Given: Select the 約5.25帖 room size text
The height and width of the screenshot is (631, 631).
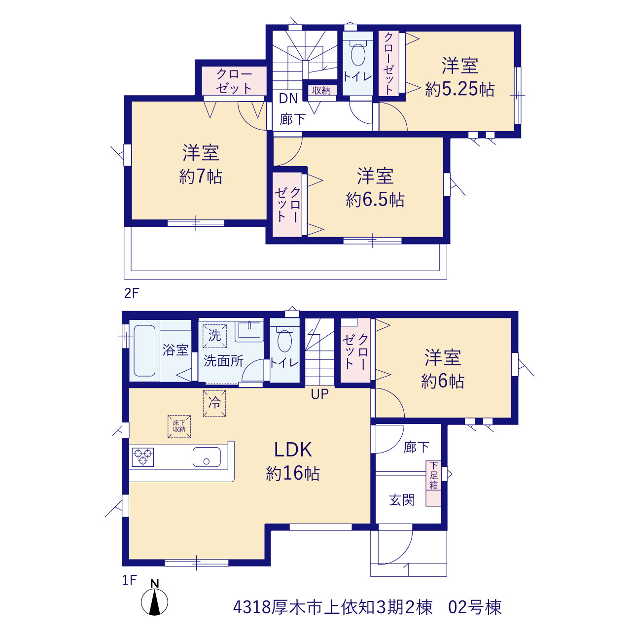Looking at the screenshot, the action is pos(459,89).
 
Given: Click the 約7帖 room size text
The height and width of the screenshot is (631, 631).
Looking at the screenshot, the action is pos(201,176).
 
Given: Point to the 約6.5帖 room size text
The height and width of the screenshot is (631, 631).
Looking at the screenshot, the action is pos(375,200).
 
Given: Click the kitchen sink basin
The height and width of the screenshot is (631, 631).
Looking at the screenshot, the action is pos(207,457).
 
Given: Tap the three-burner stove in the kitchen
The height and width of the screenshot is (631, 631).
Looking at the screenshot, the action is pos(143,457).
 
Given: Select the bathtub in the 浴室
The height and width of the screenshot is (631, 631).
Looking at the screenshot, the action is pos(144,351).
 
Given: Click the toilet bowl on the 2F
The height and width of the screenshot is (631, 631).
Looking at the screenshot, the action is pos(358,54).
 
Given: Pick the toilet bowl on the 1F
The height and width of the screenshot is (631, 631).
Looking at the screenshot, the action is pos(284,341).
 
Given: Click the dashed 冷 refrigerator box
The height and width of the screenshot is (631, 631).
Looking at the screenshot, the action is pos(214,403).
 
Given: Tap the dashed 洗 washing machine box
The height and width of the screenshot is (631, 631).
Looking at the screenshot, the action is pos(214,336).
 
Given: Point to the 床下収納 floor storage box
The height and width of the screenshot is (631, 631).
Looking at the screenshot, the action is pos(179,427).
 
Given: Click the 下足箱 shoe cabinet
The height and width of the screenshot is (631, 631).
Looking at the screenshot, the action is pos(433,484).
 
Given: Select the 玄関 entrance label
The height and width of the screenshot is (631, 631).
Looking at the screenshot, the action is pos(402,500).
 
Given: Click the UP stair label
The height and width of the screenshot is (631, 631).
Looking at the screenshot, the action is pos(319,394).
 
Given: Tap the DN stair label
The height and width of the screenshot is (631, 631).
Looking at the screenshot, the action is pos(288,99).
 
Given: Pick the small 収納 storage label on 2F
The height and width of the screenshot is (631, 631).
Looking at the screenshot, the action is pos(321,90).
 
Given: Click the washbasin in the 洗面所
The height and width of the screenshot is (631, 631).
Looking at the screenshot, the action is pos(249,330).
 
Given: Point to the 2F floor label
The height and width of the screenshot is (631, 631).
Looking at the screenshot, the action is pos(132,293).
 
